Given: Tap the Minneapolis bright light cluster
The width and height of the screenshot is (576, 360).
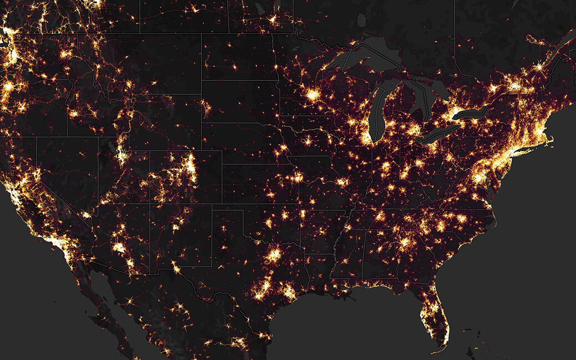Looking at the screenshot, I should [x=312, y=95].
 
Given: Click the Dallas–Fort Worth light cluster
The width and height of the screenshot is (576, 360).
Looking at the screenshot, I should [x=273, y=256].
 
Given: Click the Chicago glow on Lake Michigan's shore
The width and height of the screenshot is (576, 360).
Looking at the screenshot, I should [x=366, y=136].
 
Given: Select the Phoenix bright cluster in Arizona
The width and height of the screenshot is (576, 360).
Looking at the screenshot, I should [x=119, y=247].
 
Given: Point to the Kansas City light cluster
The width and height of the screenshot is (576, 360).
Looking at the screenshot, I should [x=297, y=178].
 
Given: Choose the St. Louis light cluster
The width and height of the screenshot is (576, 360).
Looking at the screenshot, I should [x=342, y=182].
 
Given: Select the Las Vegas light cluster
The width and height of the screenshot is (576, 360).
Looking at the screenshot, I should [x=86, y=214].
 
